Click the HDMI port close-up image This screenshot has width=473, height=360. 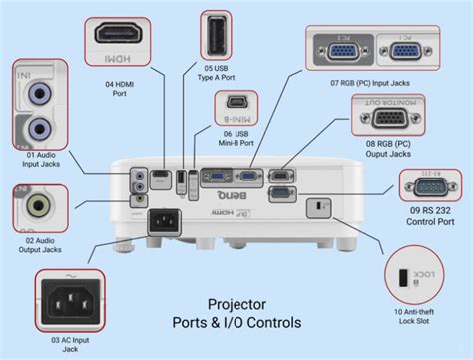click(x=124, y=35)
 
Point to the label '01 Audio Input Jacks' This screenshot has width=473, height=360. click(x=38, y=161)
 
